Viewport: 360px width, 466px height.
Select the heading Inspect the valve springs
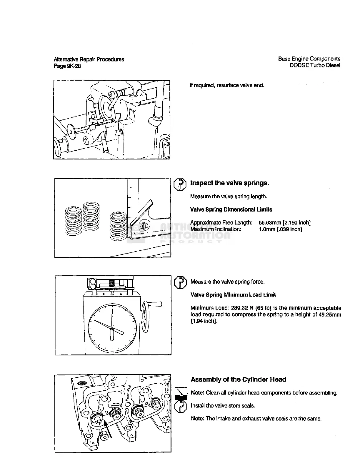[229, 183]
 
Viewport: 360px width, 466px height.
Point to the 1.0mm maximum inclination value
[266, 229]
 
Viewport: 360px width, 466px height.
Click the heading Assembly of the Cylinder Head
[238, 380]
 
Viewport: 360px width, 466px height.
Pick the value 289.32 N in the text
[241, 308]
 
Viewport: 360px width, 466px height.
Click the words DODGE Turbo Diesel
[315, 65]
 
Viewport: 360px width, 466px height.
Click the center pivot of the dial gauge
[112, 330]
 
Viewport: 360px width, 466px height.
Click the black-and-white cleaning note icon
[181, 393]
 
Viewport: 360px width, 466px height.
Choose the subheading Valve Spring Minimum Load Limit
[233, 295]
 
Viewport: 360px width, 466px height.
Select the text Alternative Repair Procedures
[89, 59]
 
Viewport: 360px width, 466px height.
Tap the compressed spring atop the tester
[112, 283]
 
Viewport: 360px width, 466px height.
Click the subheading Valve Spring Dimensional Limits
[231, 209]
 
